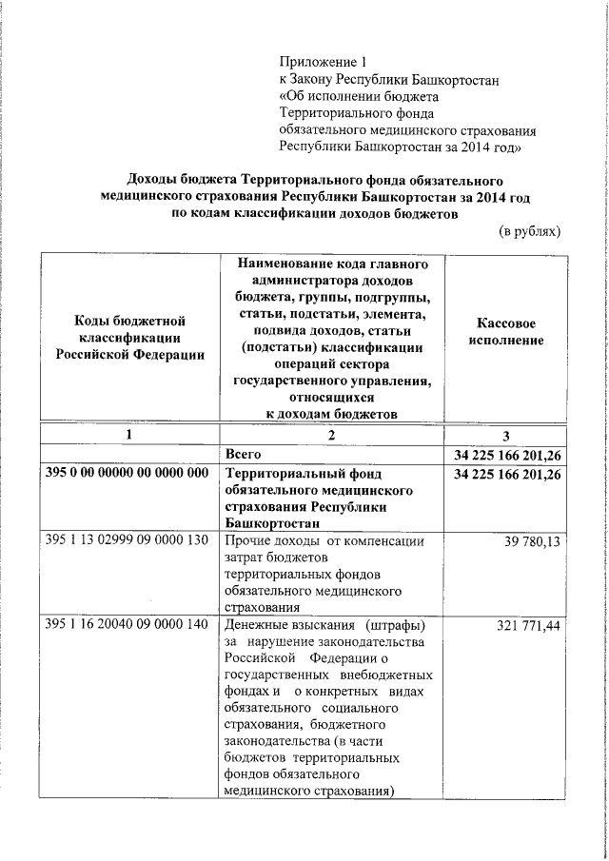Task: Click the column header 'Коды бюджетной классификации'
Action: click(128, 339)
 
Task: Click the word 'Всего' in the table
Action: click(243, 454)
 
